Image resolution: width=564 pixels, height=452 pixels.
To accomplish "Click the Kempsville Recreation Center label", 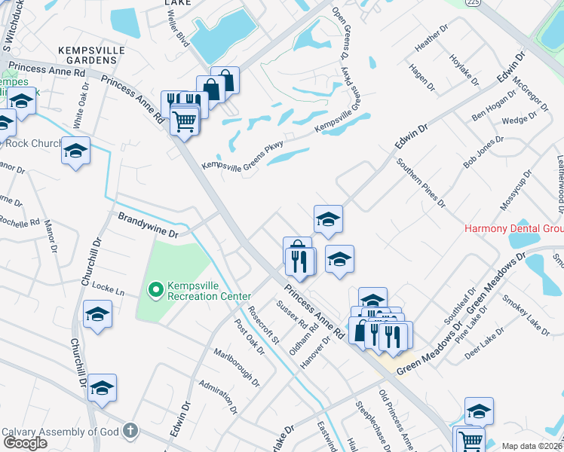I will coord(204,295).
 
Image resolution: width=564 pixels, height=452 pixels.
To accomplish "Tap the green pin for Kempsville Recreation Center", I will coord(156,289).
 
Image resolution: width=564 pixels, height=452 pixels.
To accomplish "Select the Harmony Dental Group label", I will coord(513,228).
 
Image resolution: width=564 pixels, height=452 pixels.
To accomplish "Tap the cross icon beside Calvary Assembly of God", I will coord(130,432).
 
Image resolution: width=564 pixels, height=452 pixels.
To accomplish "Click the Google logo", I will coord(25,442).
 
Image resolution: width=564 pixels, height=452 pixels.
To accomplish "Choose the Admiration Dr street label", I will coord(218,396).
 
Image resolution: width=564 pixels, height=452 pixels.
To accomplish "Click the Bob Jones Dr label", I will coord(483,152).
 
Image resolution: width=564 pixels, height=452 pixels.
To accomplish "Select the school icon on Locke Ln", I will coord(97,314).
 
